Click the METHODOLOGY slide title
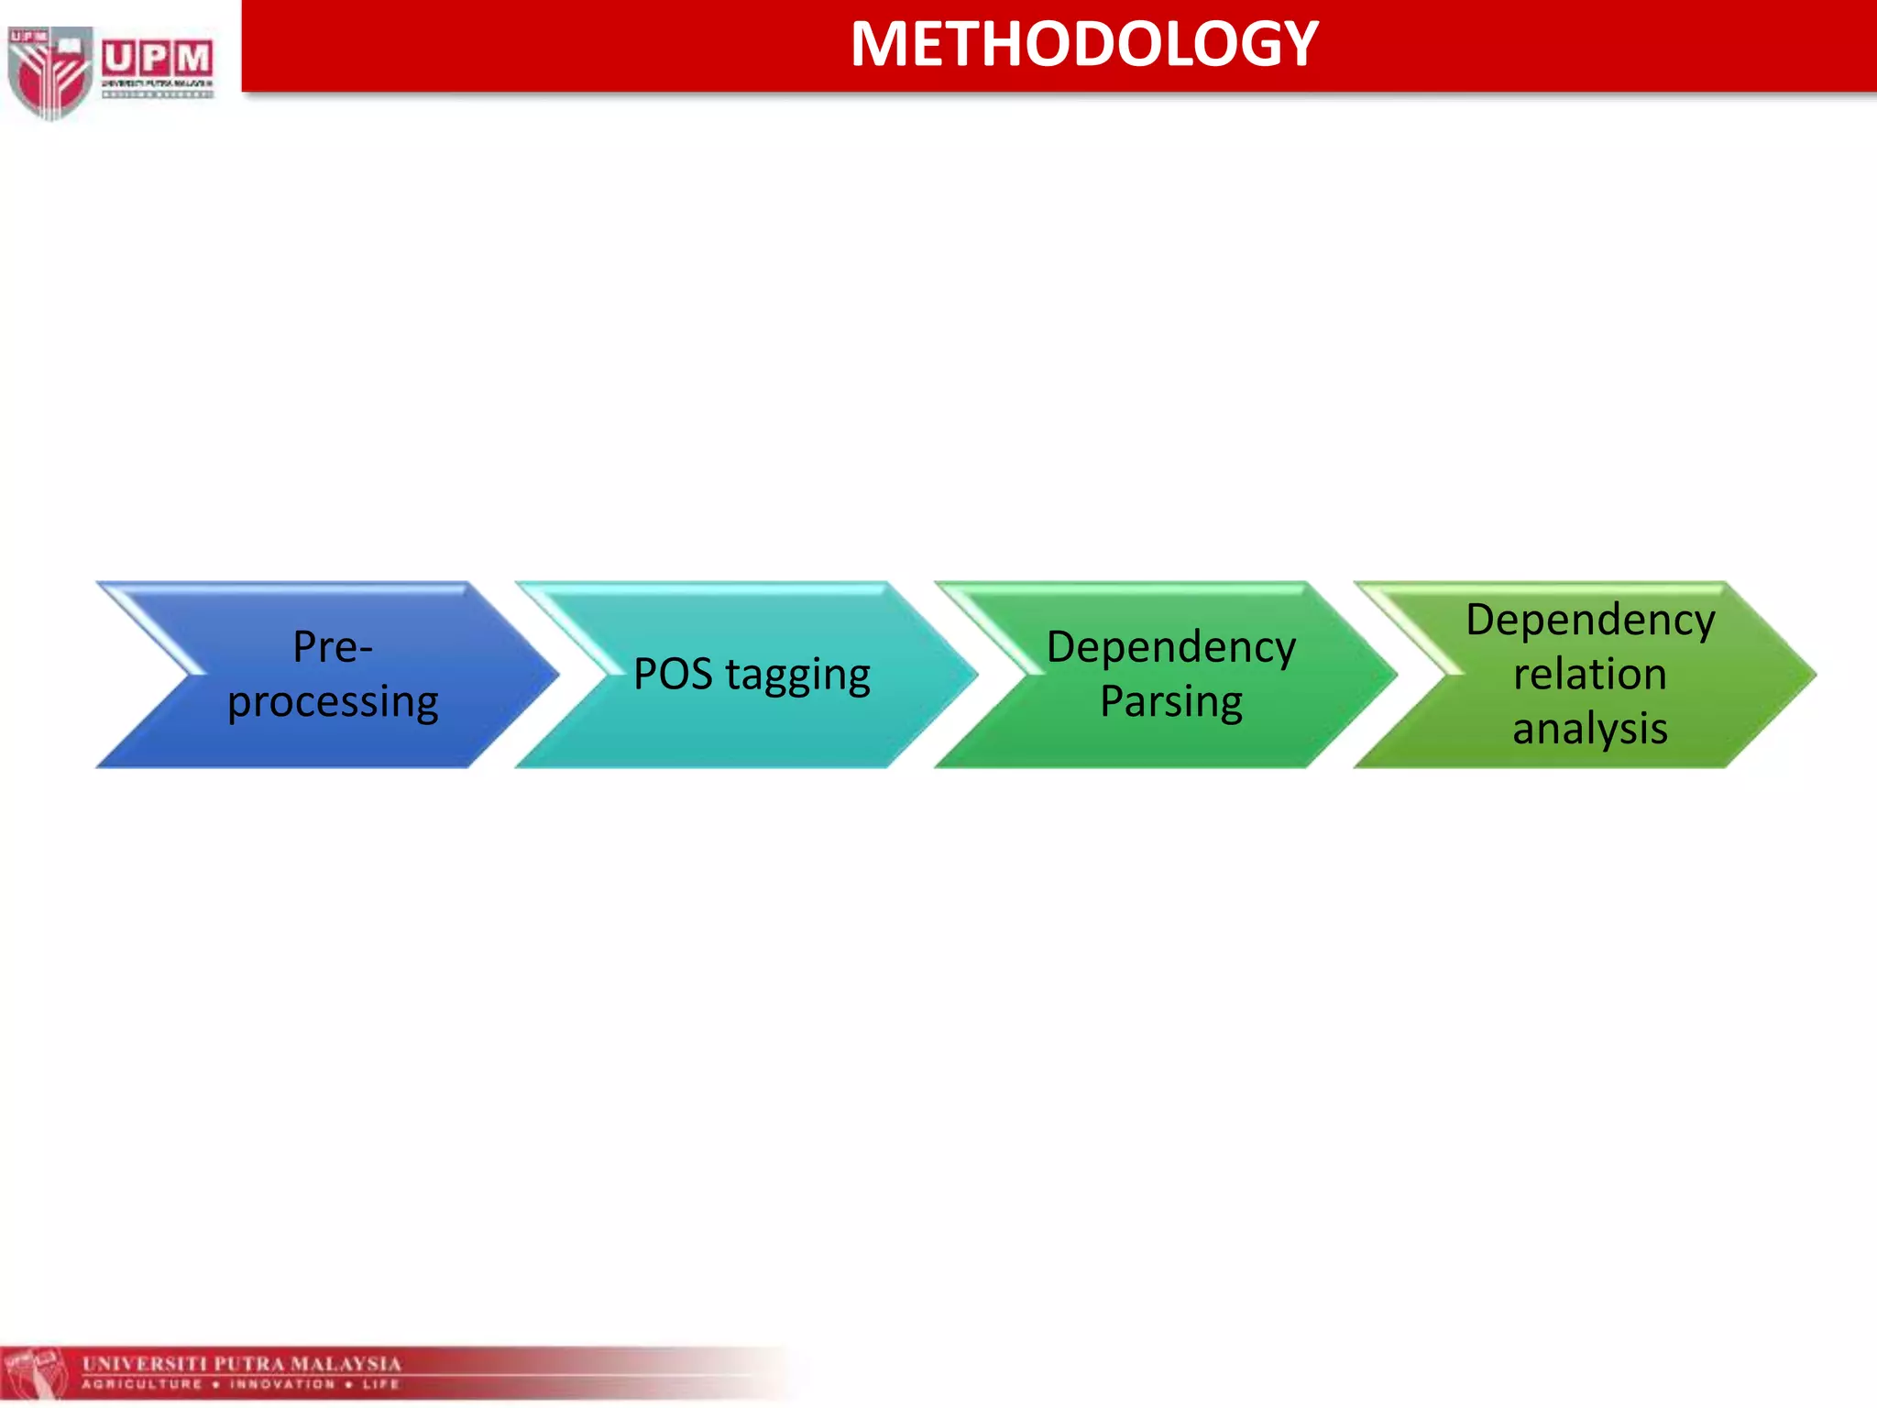[1083, 44]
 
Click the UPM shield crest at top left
[49, 71]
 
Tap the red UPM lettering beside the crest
[157, 60]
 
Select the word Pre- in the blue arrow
[332, 647]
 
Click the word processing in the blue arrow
[333, 702]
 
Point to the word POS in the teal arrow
[673, 675]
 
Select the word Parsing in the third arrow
[1170, 702]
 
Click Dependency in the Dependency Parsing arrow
[1170, 647]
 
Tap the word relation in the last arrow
[1589, 675]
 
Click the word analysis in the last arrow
[1589, 730]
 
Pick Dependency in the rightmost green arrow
[1589, 621]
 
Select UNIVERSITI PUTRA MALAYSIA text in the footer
[242, 1363]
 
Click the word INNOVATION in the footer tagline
[282, 1384]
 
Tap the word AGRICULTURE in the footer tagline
[142, 1384]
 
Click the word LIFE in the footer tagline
[380, 1384]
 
